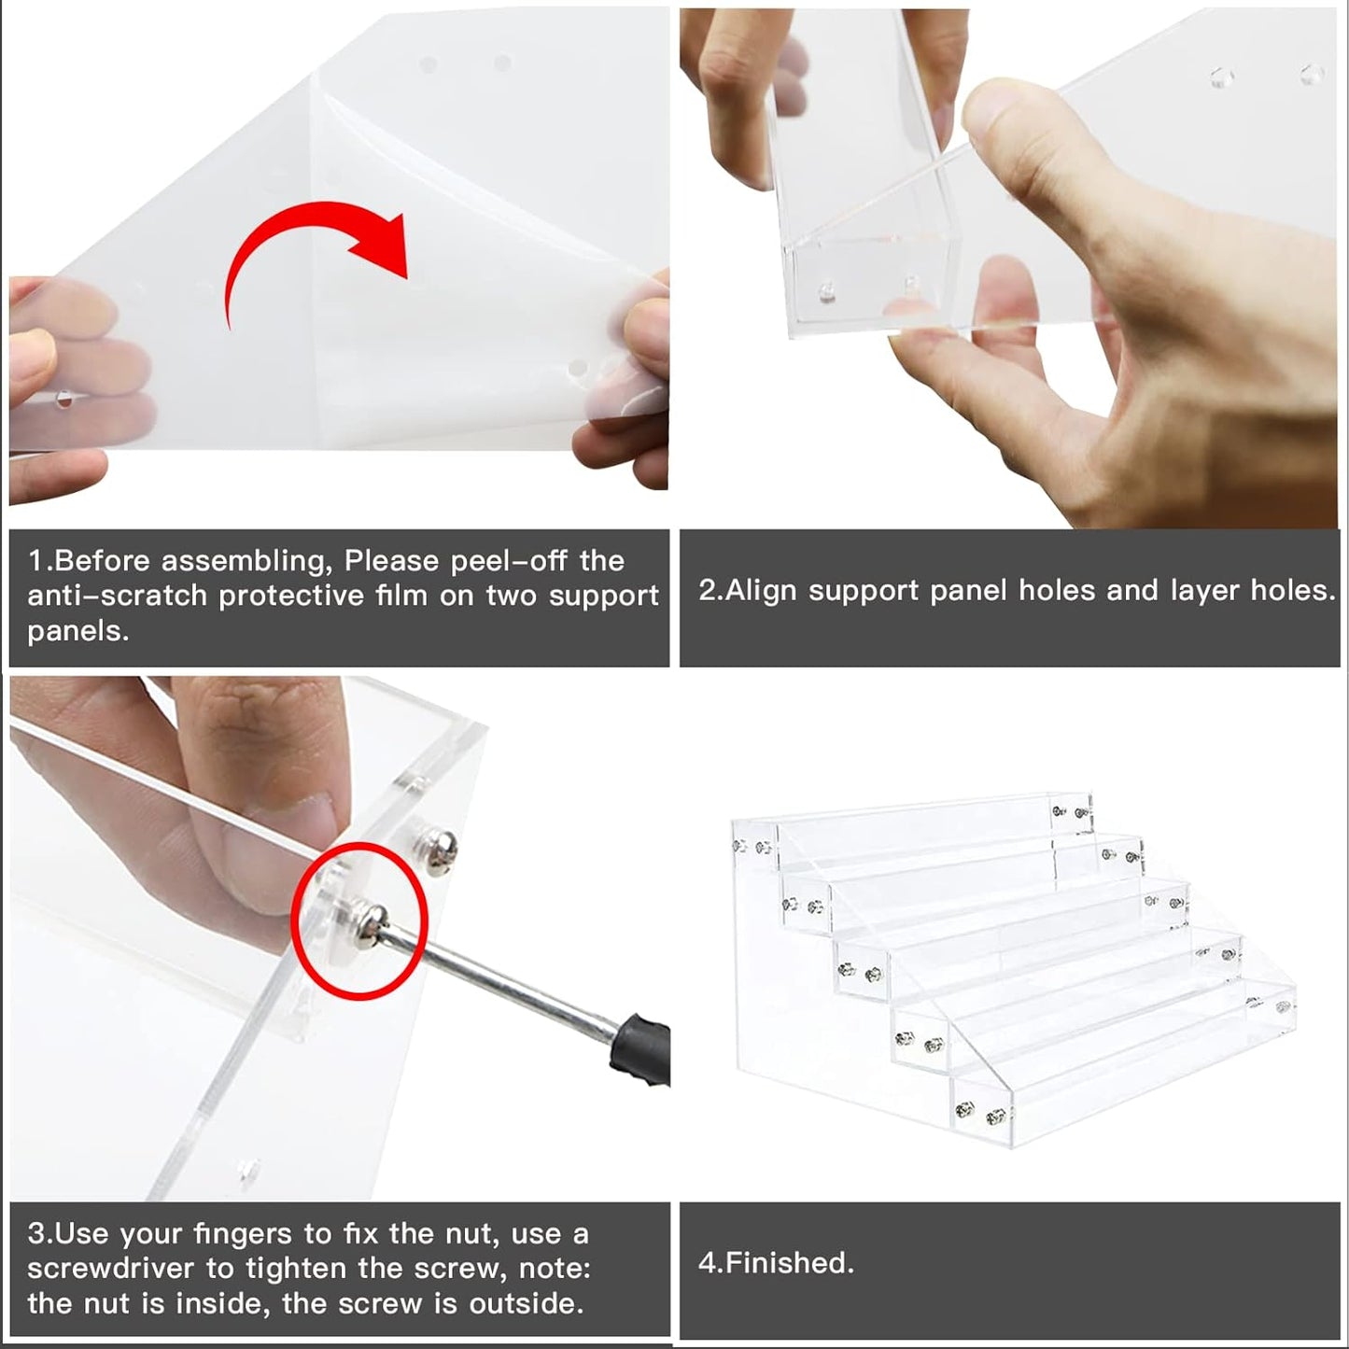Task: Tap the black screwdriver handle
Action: pyautogui.click(x=640, y=1047)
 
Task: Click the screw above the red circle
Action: pyautogui.click(x=438, y=852)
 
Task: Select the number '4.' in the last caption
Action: pyautogui.click(x=710, y=1264)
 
